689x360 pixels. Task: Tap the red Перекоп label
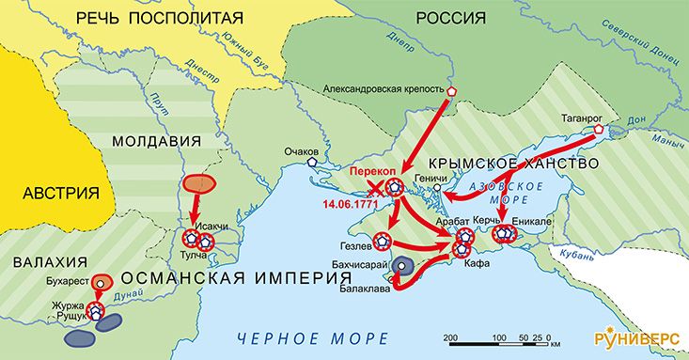click(x=373, y=173)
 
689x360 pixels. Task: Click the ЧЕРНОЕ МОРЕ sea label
click(x=310, y=337)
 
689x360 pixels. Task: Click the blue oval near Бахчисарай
click(x=404, y=266)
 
